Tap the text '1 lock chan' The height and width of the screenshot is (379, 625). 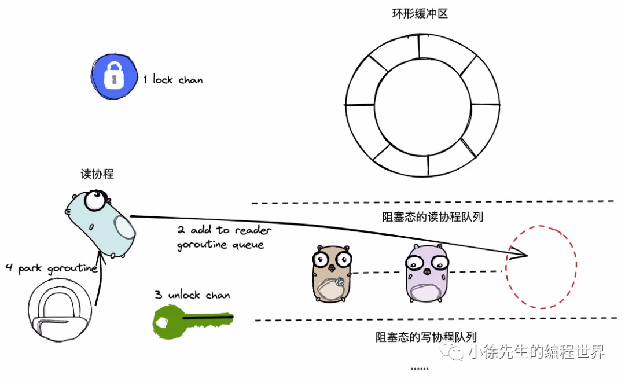[x=173, y=80]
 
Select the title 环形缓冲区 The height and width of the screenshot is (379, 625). [x=420, y=13]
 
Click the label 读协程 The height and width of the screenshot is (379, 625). [x=97, y=174]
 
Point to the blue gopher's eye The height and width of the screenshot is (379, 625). [x=94, y=201]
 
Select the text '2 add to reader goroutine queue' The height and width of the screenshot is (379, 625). [x=223, y=237]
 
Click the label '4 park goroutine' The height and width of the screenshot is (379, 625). [x=51, y=268]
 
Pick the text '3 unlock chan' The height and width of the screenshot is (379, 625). [x=192, y=295]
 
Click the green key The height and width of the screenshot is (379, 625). [x=190, y=319]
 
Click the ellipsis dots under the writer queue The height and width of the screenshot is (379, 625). [x=419, y=369]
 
